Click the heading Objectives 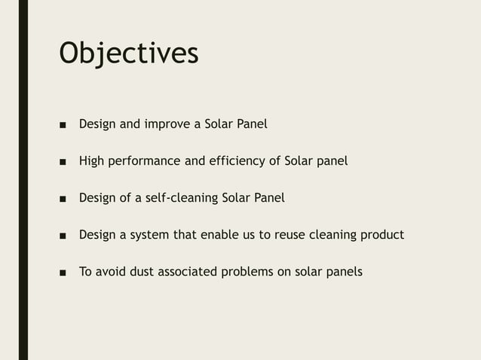click(129, 53)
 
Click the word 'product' click(381, 235)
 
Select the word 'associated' click(188, 272)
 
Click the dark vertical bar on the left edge click(23, 180)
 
